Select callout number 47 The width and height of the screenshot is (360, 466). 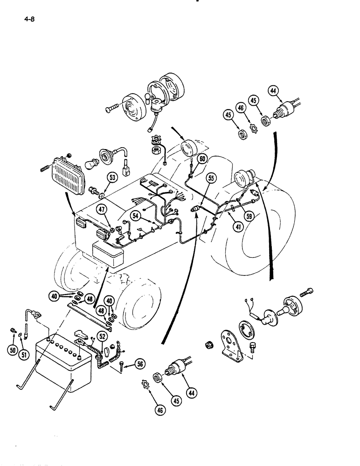pyautogui.click(x=102, y=210)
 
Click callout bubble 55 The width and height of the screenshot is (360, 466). pyautogui.click(x=211, y=178)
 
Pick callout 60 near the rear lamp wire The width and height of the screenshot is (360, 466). pyautogui.click(x=201, y=159)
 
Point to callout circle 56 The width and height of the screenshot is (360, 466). pyautogui.click(x=138, y=365)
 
